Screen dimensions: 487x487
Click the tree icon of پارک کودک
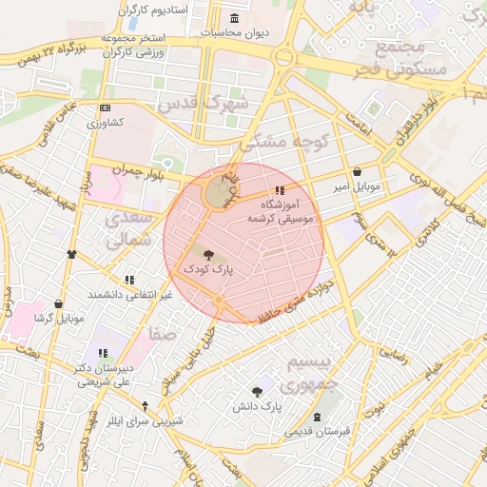pyautogui.click(x=208, y=254)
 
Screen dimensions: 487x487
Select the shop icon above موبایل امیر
pyautogui.click(x=357, y=172)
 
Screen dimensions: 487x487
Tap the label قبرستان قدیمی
pyautogui.click(x=318, y=431)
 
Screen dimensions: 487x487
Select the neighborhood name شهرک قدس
pyautogui.click(x=202, y=102)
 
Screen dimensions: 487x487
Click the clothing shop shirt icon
pyautogui.click(x=71, y=255)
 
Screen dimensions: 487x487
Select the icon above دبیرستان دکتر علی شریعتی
pyautogui.click(x=102, y=354)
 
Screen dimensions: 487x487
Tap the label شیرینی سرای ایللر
pyautogui.click(x=142, y=419)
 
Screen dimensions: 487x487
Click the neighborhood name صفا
pyautogui.click(x=162, y=334)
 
